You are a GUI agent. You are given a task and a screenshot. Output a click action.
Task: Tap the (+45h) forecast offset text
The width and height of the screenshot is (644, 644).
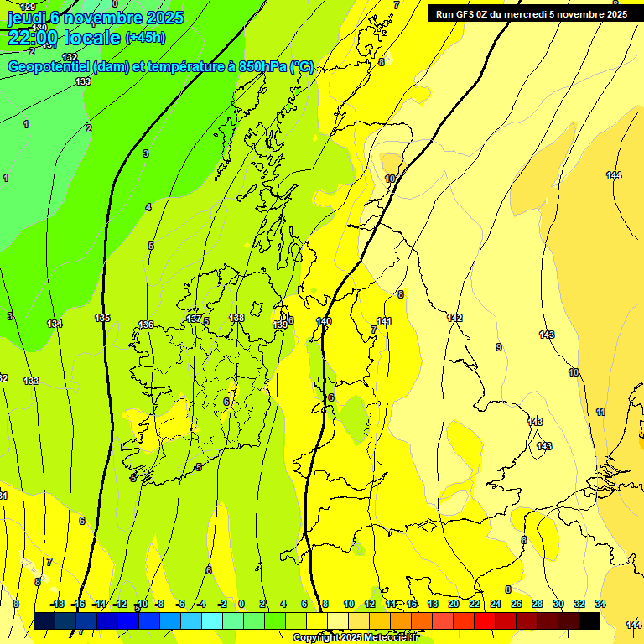145,38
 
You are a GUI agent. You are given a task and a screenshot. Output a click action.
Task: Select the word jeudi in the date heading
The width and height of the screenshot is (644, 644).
25,17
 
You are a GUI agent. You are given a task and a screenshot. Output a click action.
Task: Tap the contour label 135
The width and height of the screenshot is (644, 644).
102,318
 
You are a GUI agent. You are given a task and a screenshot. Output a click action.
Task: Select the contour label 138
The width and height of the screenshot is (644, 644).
236,318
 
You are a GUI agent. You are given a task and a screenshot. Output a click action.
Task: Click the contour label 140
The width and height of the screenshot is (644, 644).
324,321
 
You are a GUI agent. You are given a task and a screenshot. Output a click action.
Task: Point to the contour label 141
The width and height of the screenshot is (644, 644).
384,321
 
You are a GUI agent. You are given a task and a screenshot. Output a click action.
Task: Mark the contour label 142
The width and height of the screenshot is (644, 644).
454,318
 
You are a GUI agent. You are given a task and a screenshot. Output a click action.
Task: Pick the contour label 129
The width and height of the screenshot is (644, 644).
28,7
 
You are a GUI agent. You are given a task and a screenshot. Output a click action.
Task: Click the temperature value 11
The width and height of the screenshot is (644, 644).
600,412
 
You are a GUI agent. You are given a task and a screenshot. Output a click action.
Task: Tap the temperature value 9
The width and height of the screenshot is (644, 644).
498,347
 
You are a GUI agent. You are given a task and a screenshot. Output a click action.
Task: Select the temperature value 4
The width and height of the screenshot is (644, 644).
148,207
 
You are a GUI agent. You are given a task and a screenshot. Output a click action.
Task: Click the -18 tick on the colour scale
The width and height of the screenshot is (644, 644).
57,604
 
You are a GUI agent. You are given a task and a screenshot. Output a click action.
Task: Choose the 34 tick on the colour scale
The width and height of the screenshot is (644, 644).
600,604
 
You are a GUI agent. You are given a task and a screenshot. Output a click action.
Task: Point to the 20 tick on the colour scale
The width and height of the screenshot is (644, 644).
454,604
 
